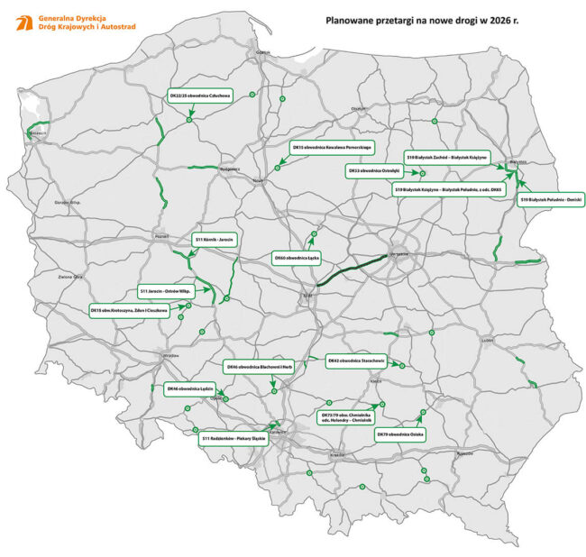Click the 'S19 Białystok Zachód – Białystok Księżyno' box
(x=446, y=156)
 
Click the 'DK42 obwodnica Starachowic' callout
(x=356, y=360)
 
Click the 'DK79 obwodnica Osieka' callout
(x=400, y=435)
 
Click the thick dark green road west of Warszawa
(x=353, y=269)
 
